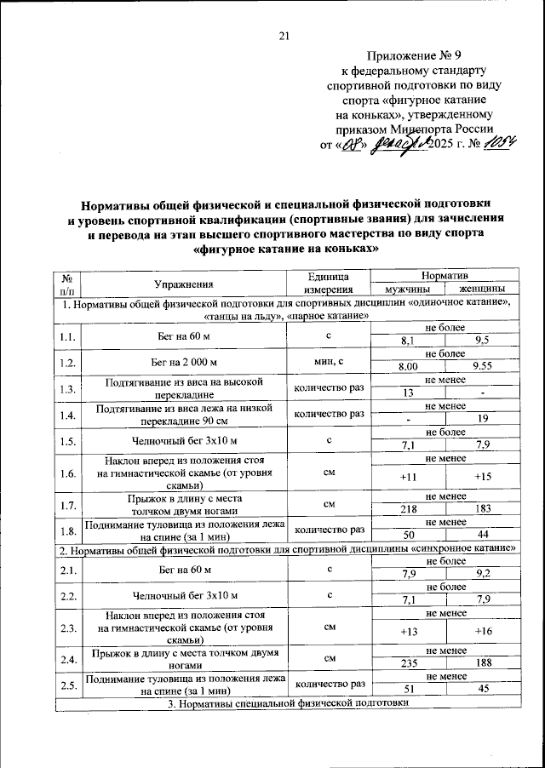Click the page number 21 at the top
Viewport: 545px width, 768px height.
[x=284, y=35]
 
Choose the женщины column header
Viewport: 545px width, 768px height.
[x=483, y=289]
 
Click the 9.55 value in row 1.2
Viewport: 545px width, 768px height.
[x=483, y=366]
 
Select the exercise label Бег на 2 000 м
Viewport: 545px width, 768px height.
[x=183, y=361]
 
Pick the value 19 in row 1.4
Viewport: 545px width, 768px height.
[x=483, y=419]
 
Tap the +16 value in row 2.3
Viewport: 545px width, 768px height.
[x=483, y=631]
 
